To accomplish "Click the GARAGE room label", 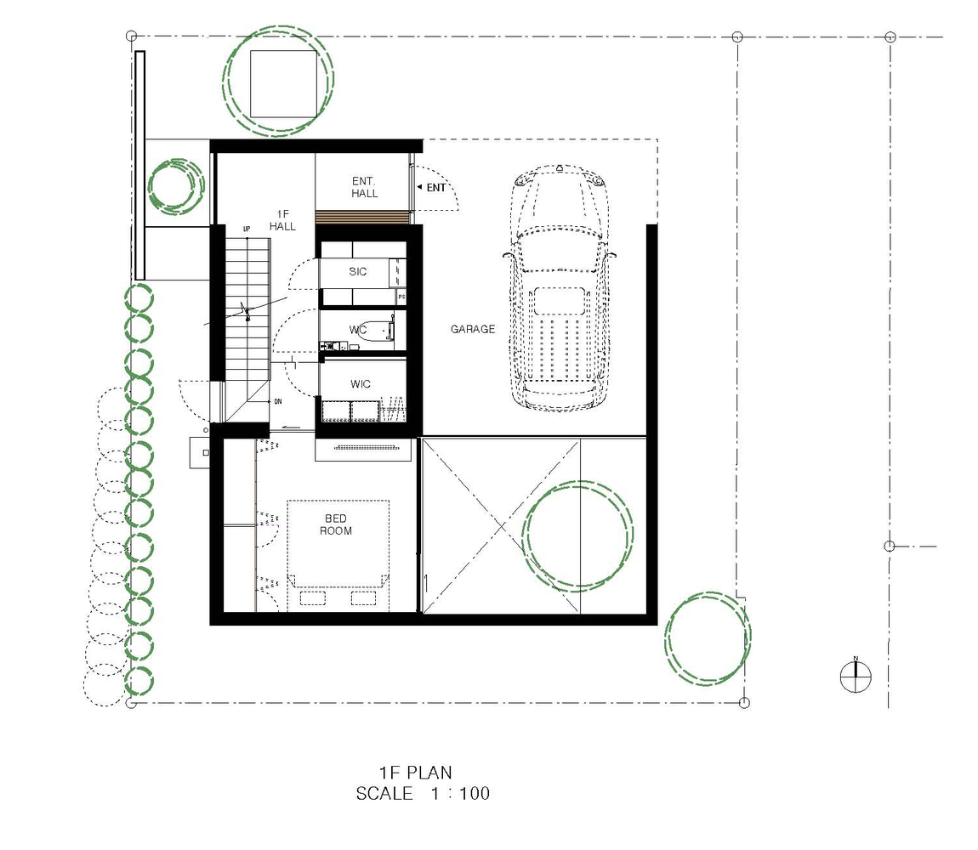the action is (473, 329).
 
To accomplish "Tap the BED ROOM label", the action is (336, 524).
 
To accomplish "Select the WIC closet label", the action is (361, 384).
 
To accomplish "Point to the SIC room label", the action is (357, 271).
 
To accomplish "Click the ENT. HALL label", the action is (364, 187).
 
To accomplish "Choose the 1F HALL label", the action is (282, 220).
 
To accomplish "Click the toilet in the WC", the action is (378, 329).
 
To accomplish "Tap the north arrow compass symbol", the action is (856, 677).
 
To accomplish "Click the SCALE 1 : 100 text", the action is (423, 793).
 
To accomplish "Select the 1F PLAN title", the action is (415, 773).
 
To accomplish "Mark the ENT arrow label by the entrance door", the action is (432, 187).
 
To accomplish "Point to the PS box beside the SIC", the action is (401, 297).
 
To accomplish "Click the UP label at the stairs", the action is (247, 229).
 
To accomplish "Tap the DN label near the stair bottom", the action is (277, 401).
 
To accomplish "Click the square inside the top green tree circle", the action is (283, 83).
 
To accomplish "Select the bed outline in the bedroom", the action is (338, 556).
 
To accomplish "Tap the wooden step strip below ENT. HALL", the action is (362, 217).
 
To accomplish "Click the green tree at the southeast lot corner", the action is (708, 637).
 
